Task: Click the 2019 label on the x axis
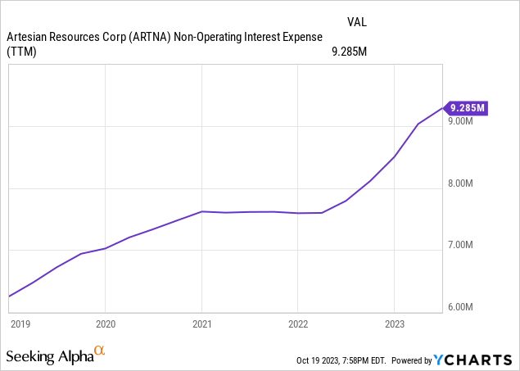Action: (20, 323)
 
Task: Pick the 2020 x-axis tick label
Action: (106, 323)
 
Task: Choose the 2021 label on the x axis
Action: (202, 323)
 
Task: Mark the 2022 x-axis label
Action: (298, 323)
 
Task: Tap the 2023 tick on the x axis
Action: (395, 323)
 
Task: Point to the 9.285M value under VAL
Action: (347, 52)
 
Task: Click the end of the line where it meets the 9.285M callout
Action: (442, 107)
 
